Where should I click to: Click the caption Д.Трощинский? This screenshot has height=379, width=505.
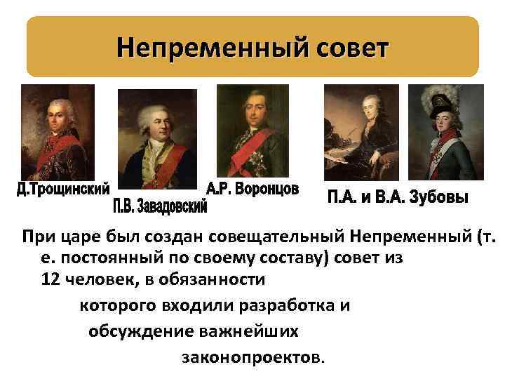(x=64, y=189)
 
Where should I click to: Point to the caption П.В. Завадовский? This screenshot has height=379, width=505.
(x=161, y=206)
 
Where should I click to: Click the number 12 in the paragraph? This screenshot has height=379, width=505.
(x=50, y=279)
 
